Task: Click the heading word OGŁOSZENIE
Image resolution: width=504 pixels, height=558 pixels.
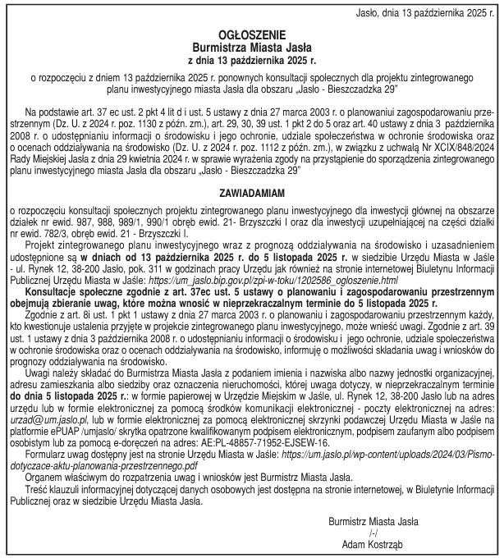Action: point(251,36)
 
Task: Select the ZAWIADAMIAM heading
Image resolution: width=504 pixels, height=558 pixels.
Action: point(251,193)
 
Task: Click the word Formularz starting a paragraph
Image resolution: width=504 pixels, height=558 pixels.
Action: point(49,453)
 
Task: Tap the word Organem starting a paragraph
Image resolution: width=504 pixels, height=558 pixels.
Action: point(46,475)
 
